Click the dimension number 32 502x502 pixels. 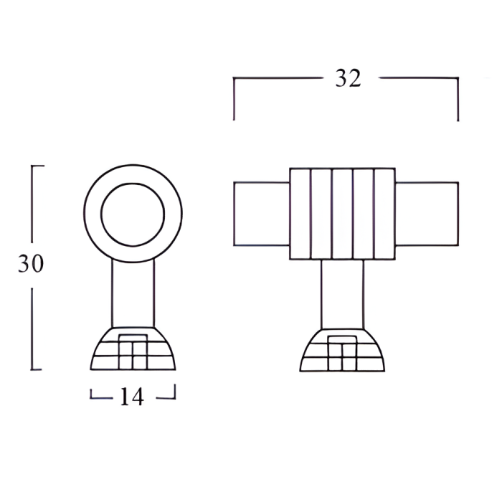coord(348,79)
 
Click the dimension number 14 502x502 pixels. coord(133,397)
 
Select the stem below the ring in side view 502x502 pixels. coord(133,294)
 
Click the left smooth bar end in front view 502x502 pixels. coord(262,214)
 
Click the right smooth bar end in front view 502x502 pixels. coord(427,214)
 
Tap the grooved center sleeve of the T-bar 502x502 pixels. coord(342,214)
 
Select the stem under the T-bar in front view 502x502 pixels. coord(342,294)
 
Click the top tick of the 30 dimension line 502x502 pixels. coord(37,166)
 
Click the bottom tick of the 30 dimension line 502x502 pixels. coord(37,370)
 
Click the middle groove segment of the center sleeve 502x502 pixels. coord(342,214)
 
